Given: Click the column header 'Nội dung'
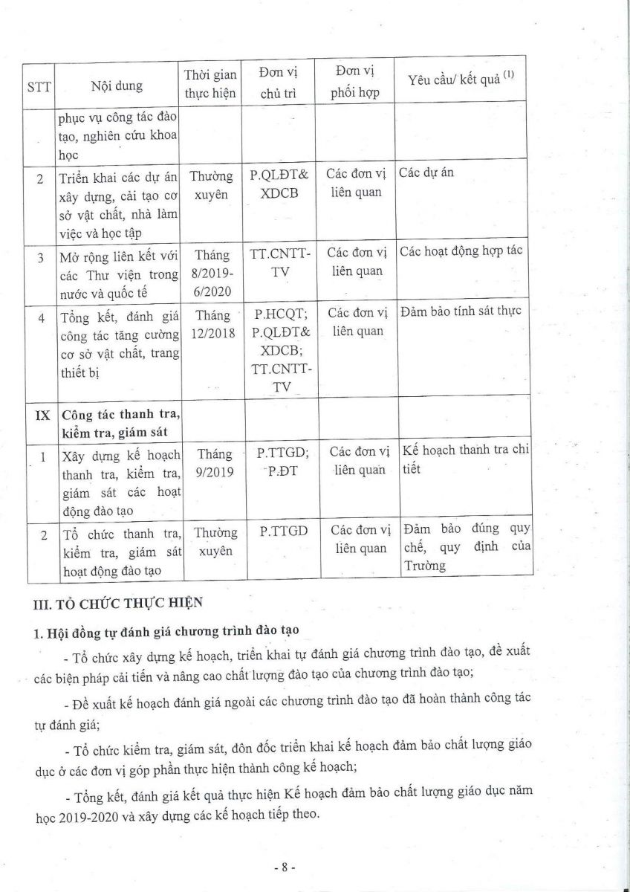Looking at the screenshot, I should coord(117,85).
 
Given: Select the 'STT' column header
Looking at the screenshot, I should coord(38,85).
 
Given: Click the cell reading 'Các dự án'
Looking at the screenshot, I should coord(426,173).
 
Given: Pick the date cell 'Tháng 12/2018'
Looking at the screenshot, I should coord(213,325).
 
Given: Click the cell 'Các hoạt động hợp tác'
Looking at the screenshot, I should coord(461,251).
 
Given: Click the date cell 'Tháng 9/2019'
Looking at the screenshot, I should coord(212,461).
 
